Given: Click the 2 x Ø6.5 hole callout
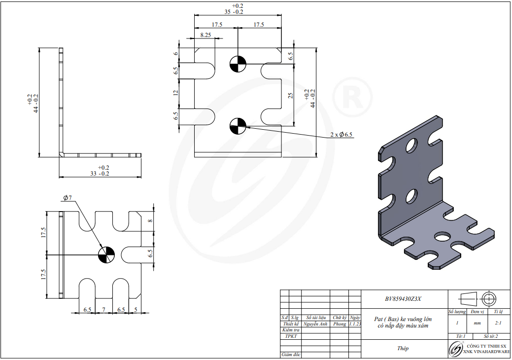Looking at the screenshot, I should (341, 135).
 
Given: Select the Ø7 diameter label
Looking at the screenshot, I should (68, 198).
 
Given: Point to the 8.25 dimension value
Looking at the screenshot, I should (205, 35).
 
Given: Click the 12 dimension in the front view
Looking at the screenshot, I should (175, 93).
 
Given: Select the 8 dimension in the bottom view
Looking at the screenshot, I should (150, 221).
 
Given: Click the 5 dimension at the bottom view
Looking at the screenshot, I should (135, 310).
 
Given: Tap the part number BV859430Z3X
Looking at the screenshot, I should (403, 299).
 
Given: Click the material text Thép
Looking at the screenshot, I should (403, 348).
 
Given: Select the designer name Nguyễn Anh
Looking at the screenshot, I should (315, 324).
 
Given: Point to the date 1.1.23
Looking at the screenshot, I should (355, 324).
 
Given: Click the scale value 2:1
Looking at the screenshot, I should (498, 323).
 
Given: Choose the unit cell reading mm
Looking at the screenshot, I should (477, 323).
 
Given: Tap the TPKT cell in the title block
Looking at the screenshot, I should (291, 336).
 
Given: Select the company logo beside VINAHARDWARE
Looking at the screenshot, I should (454, 349).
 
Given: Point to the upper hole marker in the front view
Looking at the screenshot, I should (238, 64).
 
